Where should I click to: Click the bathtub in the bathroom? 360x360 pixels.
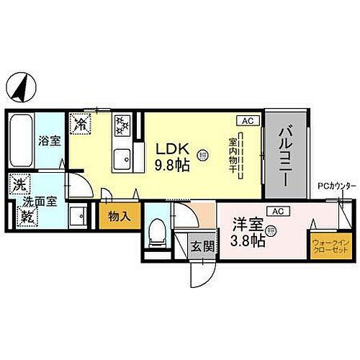22,141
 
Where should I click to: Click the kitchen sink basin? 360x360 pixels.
122,155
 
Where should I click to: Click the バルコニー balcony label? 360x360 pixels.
285,155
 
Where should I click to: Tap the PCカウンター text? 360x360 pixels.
336,186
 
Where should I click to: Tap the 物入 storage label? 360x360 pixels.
119,216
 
